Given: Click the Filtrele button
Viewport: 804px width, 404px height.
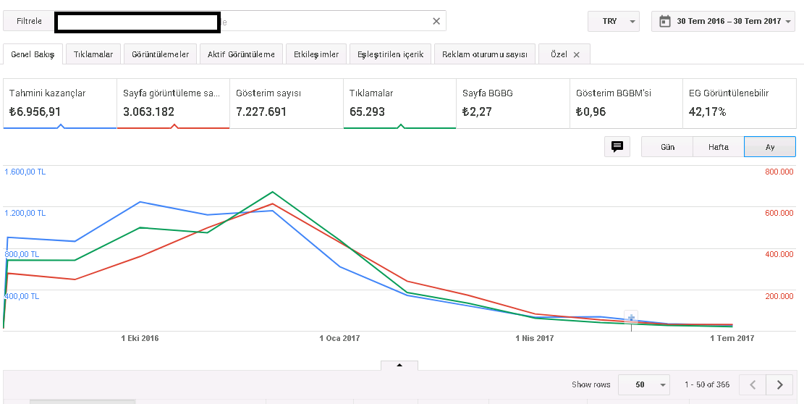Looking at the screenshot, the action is click(x=29, y=21).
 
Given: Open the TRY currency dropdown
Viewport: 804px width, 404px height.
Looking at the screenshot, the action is click(x=613, y=21).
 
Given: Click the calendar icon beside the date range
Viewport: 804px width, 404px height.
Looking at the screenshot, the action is click(x=664, y=21).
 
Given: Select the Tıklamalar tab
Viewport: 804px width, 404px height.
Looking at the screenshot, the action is click(x=93, y=54).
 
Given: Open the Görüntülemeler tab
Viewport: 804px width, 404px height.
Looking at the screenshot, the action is click(x=161, y=54).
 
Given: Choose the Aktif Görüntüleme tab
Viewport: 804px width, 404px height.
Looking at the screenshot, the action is click(x=241, y=54).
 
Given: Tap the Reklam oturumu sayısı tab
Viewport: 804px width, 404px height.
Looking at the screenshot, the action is click(x=485, y=54).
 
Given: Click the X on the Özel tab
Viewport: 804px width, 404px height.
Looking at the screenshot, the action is click(x=576, y=54).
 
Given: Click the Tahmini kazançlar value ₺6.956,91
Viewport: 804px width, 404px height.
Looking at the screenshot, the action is click(x=35, y=111).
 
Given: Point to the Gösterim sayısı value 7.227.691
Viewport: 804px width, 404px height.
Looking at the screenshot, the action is click(x=261, y=111).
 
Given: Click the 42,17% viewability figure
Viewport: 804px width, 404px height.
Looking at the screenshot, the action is click(x=707, y=111).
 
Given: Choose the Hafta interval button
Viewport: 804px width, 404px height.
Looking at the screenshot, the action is click(x=719, y=147).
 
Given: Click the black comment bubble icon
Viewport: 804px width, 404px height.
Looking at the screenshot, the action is click(x=617, y=147).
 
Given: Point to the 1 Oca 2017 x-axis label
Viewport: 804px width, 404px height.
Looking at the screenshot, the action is click(x=339, y=338).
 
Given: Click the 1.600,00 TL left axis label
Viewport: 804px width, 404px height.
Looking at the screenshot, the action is click(x=25, y=172).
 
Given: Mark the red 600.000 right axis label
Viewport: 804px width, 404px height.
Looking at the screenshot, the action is click(x=779, y=213).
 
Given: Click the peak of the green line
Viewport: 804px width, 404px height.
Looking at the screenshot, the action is click(x=272, y=192).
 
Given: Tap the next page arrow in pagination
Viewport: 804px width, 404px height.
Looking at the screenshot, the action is click(x=780, y=384).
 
